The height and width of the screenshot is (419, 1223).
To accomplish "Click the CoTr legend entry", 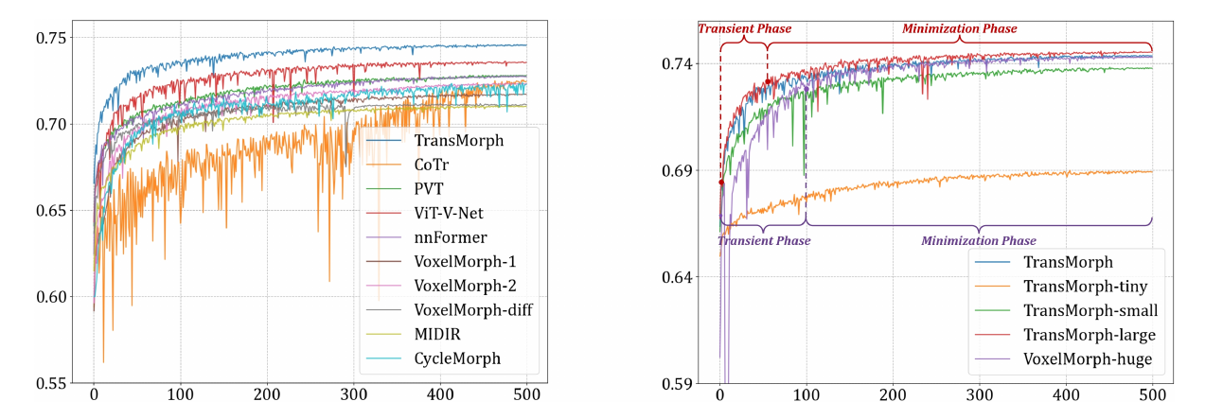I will [431, 165].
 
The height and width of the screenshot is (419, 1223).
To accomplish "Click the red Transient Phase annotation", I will [744, 28].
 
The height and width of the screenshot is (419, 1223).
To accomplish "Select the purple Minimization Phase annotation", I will [979, 241].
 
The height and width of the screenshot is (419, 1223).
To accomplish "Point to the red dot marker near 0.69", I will [720, 183].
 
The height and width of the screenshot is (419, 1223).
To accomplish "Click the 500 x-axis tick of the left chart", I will [526, 393].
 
